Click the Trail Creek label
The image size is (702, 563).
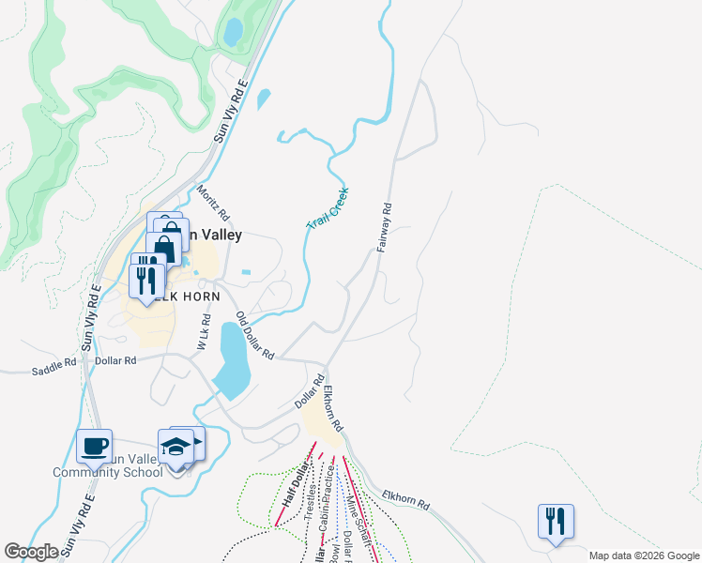(x=328, y=206)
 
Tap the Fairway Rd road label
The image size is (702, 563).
(x=384, y=228)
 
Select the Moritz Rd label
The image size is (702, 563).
(x=213, y=204)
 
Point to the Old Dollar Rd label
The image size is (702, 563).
(x=254, y=336)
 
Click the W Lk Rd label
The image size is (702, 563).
(x=203, y=332)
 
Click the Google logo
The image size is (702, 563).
(x=32, y=552)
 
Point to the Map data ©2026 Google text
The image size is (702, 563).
(x=644, y=555)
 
